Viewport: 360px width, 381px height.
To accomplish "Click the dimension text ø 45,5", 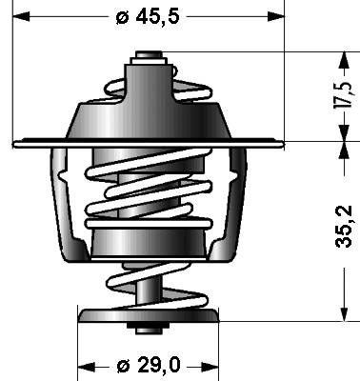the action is point(148,16).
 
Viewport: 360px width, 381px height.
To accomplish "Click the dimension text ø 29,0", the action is point(148,366).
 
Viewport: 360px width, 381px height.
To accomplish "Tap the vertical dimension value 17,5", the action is point(343,95).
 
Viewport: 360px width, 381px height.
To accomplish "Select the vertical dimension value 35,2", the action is point(344,227).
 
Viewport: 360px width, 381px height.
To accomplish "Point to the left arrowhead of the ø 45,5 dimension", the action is point(21,16).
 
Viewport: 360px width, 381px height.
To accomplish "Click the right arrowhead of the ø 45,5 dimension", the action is point(276,16).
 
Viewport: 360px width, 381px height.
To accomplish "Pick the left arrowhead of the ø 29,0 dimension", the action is point(87,367).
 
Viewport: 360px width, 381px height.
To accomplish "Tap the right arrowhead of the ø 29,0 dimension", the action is point(210,367).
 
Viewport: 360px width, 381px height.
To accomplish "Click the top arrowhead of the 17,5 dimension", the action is point(344,60).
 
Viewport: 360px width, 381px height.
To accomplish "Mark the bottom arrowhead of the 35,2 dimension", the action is point(344,312).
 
